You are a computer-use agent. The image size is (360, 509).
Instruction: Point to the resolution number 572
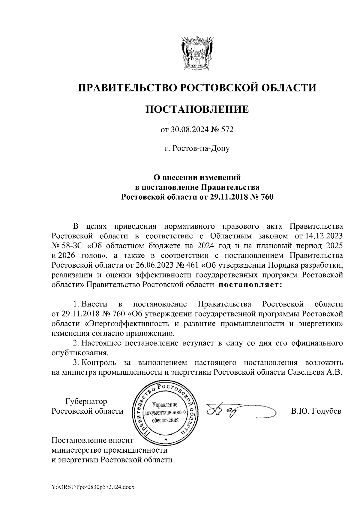227,130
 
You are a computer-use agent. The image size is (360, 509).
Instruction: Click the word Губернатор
86,401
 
